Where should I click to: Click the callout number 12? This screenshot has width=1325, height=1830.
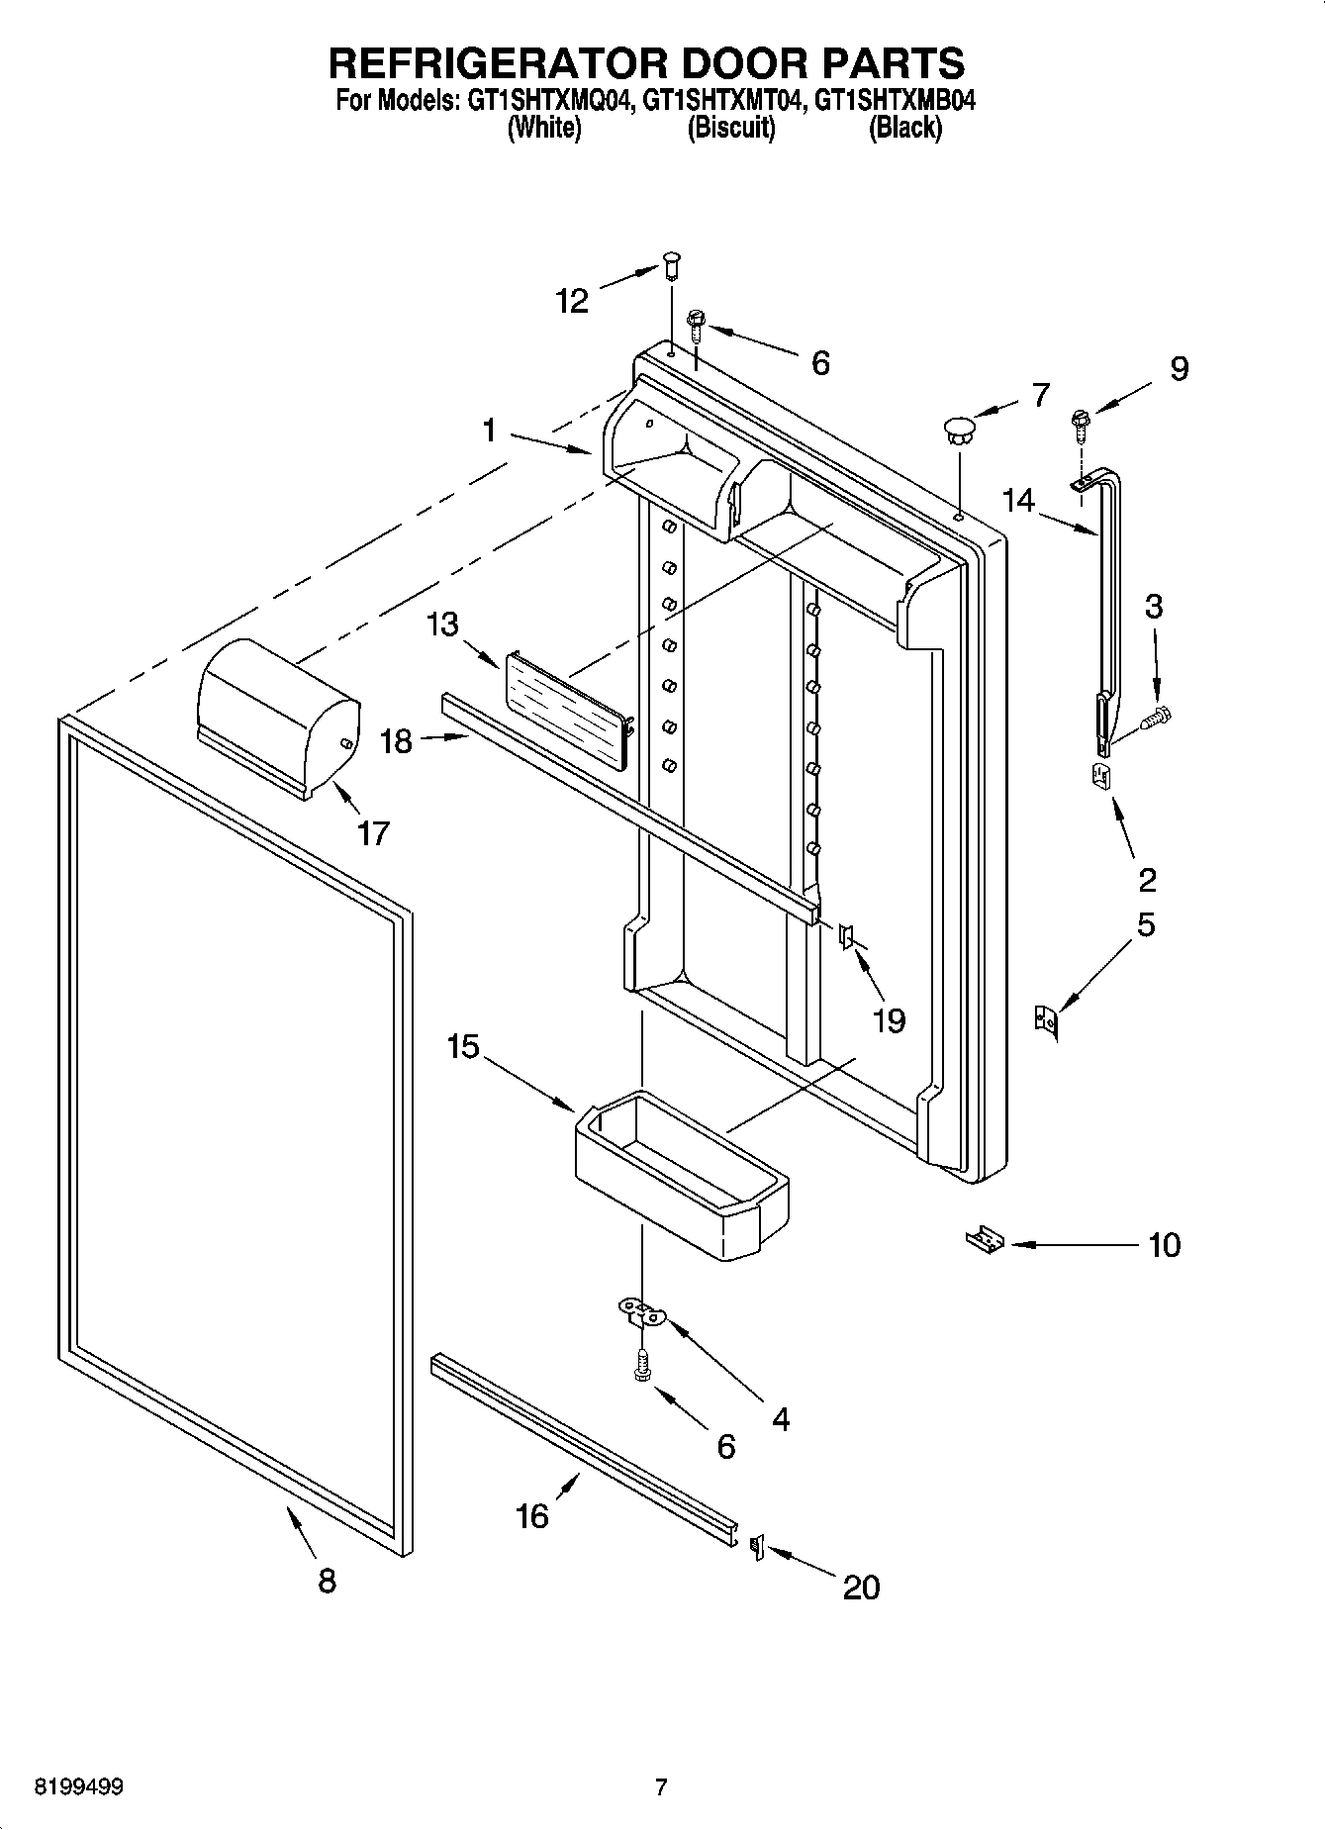573,300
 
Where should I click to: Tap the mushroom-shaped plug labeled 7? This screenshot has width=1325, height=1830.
958,430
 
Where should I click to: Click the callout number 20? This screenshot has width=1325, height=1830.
861,1588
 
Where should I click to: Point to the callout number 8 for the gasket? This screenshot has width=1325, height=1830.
327,1581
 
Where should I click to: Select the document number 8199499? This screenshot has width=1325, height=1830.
79,1787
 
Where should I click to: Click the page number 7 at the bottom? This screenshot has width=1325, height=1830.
661,1787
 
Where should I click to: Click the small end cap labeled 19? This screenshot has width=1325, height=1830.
846,934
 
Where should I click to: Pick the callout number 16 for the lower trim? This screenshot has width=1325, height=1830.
532,1515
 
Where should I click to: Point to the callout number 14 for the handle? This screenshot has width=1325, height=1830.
1019,501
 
